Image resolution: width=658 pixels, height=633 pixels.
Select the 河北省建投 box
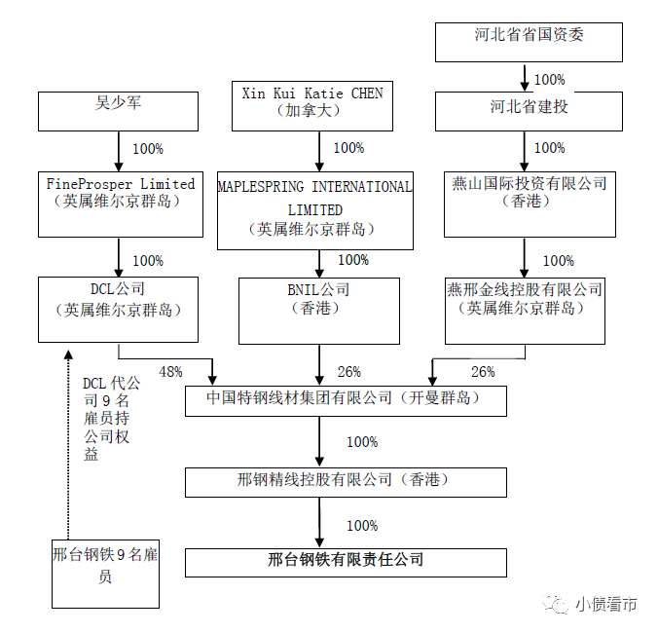(529, 110)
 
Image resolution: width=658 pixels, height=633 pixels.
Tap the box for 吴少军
(118, 111)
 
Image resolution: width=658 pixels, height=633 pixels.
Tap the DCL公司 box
(118, 309)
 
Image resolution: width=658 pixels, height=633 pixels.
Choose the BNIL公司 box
(320, 309)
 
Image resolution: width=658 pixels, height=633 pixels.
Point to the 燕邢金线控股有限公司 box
(525, 309)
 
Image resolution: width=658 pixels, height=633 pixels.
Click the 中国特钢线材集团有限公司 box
(346, 400)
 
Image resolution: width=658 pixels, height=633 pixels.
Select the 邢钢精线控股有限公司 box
(346, 481)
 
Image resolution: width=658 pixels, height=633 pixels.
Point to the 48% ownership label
(171, 372)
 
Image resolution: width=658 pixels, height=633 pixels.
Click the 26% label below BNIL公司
(348, 372)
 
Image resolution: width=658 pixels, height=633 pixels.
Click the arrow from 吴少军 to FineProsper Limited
(118, 150)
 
